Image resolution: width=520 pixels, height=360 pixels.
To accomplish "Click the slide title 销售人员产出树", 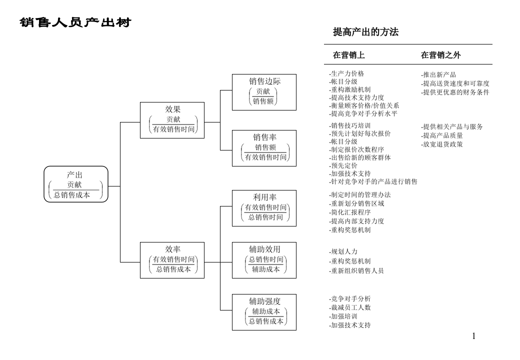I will (75, 23).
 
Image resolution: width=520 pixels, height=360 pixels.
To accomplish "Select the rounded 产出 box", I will (76, 184).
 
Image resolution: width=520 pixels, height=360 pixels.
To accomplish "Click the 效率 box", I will (172, 259).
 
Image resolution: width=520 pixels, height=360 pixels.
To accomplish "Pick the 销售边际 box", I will (264, 91).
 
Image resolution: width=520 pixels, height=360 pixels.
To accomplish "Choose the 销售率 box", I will (264, 147).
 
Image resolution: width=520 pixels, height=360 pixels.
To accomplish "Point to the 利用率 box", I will (264, 207).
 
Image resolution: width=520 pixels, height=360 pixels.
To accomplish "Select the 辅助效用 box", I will (264, 259).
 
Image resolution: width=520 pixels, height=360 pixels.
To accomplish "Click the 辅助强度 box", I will (264, 311).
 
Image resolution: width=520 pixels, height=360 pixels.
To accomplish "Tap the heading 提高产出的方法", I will (365, 32).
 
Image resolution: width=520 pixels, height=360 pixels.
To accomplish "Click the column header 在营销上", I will (348, 55).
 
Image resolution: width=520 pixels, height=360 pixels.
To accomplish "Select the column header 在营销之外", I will (440, 55).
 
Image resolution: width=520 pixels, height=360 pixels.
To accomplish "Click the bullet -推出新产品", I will (438, 75).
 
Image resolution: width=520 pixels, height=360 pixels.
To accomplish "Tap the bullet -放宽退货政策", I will (442, 144).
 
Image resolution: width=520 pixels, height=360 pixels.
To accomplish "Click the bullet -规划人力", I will (343, 251).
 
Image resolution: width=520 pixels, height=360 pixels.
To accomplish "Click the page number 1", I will (473, 336).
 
